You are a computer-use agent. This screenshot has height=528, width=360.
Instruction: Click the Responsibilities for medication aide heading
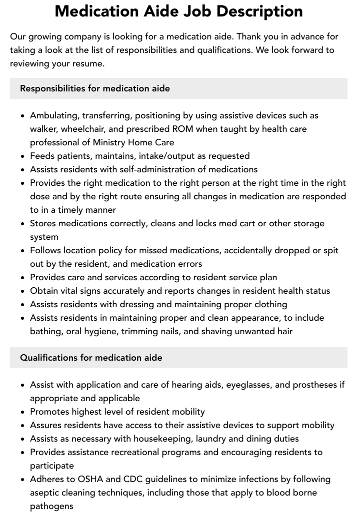95,88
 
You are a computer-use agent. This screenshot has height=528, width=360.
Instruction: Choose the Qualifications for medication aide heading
91,358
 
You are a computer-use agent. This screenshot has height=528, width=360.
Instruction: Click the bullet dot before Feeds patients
23,156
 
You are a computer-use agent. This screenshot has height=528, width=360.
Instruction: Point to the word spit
330,250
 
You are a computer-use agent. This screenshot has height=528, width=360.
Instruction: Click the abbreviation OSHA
90,479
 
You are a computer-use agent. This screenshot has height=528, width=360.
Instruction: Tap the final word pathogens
51,506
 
